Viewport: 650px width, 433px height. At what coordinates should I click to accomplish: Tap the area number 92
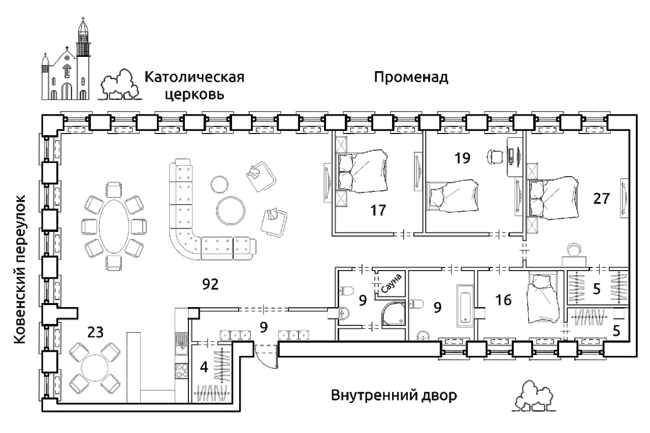click(210, 284)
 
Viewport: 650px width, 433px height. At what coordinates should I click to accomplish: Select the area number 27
click(601, 198)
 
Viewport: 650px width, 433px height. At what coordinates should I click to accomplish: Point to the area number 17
click(378, 210)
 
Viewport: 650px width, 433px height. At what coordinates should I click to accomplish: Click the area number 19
click(462, 158)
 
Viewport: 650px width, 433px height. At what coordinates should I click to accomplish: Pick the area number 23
click(95, 332)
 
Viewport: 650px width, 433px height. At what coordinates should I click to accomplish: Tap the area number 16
click(503, 300)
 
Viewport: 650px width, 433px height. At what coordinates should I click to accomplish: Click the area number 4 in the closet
click(204, 368)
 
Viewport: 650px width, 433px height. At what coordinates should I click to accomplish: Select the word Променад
click(411, 78)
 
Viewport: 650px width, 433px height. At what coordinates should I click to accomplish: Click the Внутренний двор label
click(394, 395)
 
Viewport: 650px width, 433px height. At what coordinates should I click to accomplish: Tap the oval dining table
click(114, 226)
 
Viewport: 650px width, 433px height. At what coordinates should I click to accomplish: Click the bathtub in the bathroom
click(465, 306)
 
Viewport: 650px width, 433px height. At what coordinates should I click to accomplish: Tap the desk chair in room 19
click(495, 157)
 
